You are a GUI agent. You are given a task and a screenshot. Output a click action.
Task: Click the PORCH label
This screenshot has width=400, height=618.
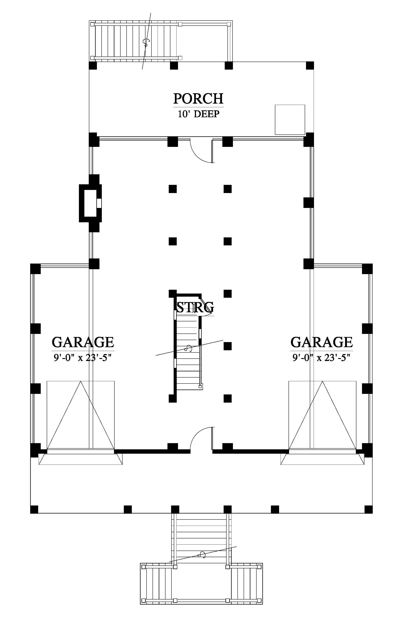(198, 99)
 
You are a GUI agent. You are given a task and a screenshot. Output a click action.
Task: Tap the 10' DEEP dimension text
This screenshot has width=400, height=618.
(198, 114)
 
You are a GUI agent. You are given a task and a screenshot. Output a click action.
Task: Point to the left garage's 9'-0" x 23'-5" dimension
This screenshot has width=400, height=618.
(83, 358)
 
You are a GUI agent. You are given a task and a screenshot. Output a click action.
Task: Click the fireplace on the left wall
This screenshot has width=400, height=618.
(90, 203)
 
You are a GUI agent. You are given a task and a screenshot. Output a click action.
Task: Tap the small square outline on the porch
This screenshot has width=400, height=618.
(290, 120)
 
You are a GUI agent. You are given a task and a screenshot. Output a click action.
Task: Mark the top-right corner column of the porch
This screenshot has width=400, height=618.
(310, 65)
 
